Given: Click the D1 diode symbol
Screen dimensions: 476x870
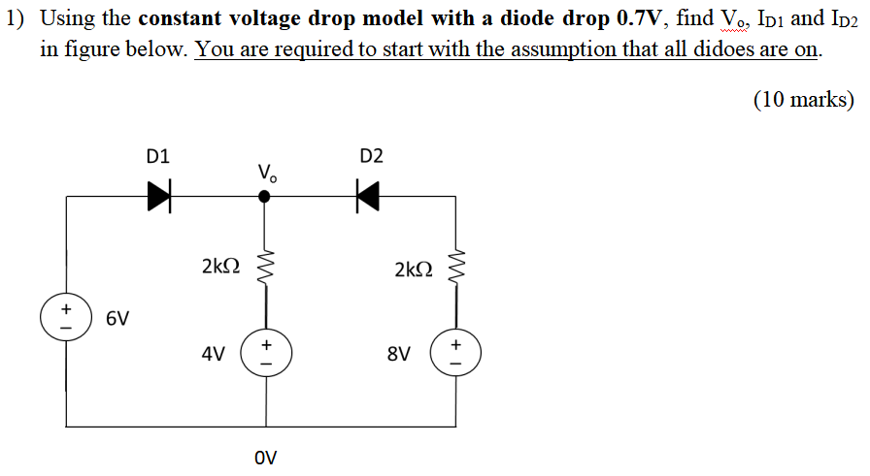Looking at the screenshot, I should [158, 197].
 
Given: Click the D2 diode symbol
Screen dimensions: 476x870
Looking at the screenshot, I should [366, 197].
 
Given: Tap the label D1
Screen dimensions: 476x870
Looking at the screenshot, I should [157, 155].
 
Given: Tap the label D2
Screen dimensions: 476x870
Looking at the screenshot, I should [371, 155].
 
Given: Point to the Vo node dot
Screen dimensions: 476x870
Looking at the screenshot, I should [264, 197].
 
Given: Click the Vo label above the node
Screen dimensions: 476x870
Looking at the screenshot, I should [267, 174].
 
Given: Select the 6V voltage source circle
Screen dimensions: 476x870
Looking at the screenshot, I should [66, 318].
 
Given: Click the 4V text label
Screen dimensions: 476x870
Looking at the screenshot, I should [214, 355].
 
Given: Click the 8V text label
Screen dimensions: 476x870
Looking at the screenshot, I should [398, 355].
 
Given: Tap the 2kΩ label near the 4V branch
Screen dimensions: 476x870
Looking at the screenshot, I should [220, 267].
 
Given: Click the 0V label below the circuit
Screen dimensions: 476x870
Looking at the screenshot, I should [264, 456].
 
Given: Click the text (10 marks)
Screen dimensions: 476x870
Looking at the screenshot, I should [803, 99].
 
